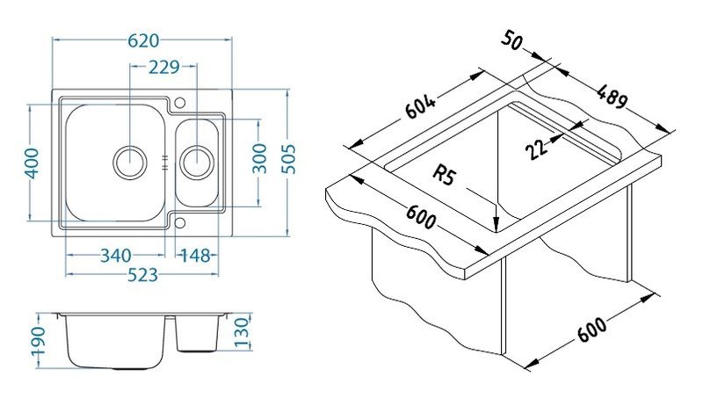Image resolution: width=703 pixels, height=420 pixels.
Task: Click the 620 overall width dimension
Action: click(x=143, y=40)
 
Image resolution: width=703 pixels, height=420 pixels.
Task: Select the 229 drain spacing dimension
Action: click(x=164, y=68)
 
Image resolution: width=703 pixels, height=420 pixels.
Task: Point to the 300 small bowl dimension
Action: click(x=259, y=158)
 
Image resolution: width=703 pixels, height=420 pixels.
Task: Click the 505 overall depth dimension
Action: click(x=291, y=159)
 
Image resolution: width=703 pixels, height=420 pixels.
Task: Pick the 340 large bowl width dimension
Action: click(x=116, y=256)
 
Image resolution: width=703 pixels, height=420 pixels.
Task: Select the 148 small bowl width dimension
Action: click(x=195, y=256)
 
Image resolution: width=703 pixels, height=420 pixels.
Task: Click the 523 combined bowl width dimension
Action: click(x=143, y=275)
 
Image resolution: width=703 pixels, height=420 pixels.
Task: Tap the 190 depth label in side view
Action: click(x=38, y=341)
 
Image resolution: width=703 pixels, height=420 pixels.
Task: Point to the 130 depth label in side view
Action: click(x=241, y=333)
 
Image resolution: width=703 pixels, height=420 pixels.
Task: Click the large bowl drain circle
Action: click(x=129, y=163)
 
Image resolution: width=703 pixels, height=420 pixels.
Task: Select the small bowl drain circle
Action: click(x=196, y=163)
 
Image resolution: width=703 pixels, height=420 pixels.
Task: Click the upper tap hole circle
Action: click(x=180, y=103)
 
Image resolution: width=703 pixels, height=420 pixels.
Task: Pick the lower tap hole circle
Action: click(x=180, y=223)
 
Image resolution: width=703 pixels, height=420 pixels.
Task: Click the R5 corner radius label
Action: click(x=444, y=174)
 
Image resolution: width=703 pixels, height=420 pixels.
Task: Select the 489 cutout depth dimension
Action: click(x=612, y=96)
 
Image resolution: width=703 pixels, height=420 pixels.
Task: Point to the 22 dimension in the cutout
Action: click(x=537, y=148)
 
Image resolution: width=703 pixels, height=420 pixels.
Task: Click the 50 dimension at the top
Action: click(x=511, y=40)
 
